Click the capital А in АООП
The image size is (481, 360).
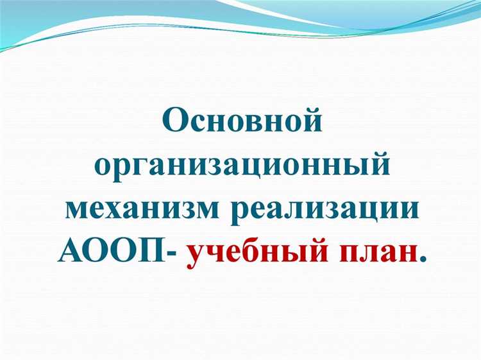coord(71,252)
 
